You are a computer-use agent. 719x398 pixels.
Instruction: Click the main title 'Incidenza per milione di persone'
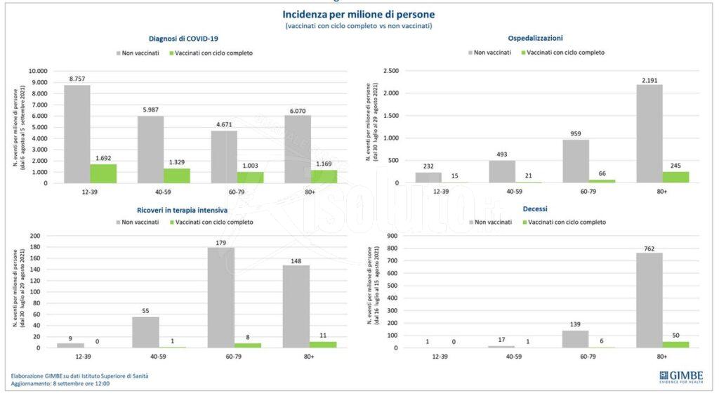(x=358, y=14)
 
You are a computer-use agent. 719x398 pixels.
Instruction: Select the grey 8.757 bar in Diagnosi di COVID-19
(x=77, y=133)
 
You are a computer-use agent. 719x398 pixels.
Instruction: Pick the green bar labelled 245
(x=675, y=177)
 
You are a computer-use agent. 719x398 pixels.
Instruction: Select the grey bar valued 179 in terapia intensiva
(x=220, y=297)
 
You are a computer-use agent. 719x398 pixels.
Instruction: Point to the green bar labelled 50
(x=675, y=344)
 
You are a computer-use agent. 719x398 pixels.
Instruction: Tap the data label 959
(x=575, y=132)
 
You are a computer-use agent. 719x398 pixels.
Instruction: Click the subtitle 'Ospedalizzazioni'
(x=535, y=38)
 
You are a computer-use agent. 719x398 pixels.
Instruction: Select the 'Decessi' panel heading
(x=535, y=208)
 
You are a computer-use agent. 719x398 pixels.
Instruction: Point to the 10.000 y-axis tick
(x=37, y=71)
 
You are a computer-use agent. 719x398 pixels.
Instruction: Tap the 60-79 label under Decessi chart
(x=575, y=357)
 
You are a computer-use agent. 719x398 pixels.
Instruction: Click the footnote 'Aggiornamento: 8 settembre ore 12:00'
(x=60, y=384)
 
